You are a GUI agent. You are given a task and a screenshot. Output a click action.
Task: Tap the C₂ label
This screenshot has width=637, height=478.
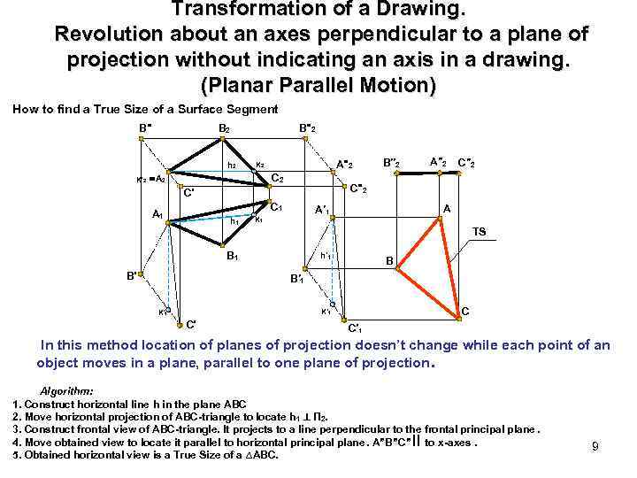(277, 179)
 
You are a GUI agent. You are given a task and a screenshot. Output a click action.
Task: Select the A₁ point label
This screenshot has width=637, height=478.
(157, 214)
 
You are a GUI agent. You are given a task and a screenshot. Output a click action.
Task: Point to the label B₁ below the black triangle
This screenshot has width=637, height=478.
(233, 257)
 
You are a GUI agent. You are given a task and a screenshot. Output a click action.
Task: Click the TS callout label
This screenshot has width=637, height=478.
(479, 232)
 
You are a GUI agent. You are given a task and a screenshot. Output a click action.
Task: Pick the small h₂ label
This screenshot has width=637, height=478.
(232, 165)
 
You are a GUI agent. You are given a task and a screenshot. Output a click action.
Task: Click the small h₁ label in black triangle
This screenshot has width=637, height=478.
(234, 221)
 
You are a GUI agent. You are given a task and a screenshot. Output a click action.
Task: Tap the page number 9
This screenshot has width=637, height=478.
(595, 447)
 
